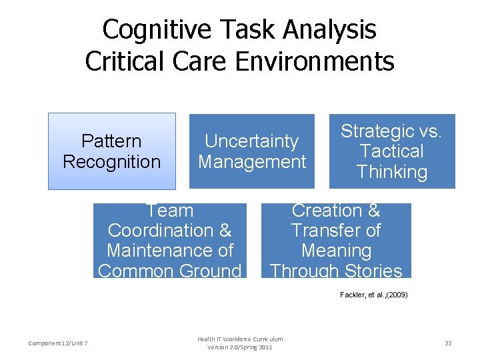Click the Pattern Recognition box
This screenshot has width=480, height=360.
click(x=111, y=151)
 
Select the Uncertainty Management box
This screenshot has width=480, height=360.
click(x=252, y=151)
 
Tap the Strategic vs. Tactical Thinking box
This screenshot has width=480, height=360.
click(x=392, y=151)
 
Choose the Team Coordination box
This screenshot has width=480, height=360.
click(x=169, y=241)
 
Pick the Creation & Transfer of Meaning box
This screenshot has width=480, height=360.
click(x=336, y=241)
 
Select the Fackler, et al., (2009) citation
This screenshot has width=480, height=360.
click(x=373, y=294)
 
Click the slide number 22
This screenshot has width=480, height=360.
click(x=448, y=343)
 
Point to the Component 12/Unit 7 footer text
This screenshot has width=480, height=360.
click(x=59, y=343)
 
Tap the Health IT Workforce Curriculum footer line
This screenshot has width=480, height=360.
click(x=240, y=339)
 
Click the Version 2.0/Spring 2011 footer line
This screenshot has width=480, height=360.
click(x=240, y=347)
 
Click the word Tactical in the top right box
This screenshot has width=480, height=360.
click(x=391, y=151)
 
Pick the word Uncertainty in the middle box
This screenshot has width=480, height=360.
click(x=252, y=141)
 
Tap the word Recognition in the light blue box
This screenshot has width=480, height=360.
click(x=111, y=162)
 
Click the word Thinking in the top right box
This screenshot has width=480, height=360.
click(x=392, y=172)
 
